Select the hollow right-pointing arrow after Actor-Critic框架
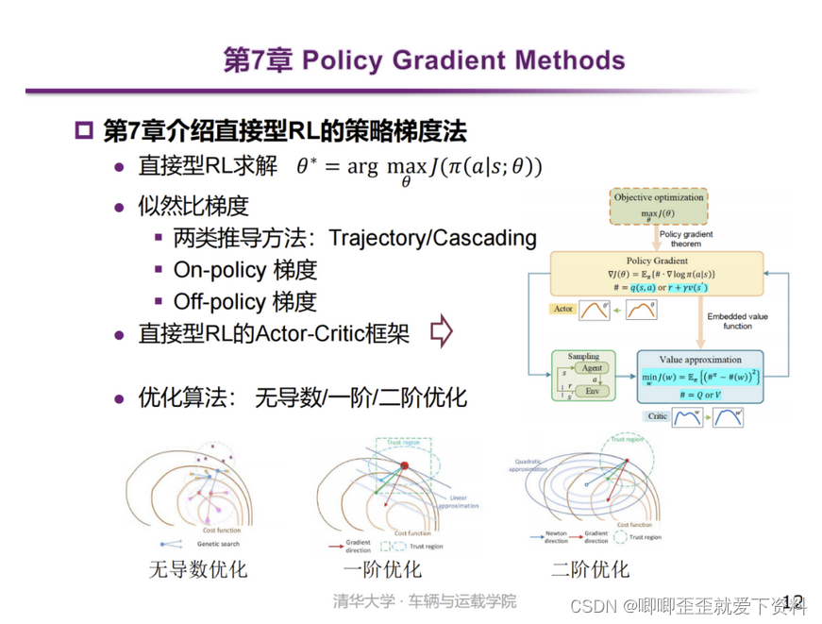(441, 332)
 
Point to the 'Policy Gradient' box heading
(659, 260)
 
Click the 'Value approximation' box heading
(702, 360)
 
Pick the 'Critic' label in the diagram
(658, 416)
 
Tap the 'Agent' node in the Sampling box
(592, 368)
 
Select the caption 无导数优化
(198, 569)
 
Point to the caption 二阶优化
(590, 569)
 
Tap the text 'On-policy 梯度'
(245, 270)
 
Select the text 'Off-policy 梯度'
(245, 301)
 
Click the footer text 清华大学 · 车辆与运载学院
(425, 601)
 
